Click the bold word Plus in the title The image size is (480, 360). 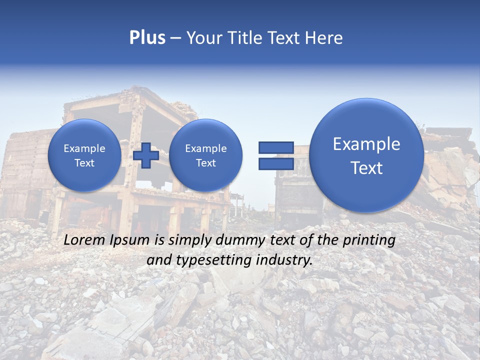coord(147,38)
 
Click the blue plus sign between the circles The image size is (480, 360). coord(146,155)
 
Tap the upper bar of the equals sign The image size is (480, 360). coord(276,147)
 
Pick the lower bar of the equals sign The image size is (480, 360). coord(276,163)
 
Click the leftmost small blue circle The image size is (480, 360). coord(84,155)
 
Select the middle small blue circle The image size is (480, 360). coord(206,155)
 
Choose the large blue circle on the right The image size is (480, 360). coord(366,155)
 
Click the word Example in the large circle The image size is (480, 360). coord(366,144)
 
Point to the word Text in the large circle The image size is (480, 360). coord(366,168)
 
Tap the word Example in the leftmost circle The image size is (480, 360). coord(84,148)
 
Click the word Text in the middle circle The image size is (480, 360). coord(206,163)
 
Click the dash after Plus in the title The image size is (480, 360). coord(175,38)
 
